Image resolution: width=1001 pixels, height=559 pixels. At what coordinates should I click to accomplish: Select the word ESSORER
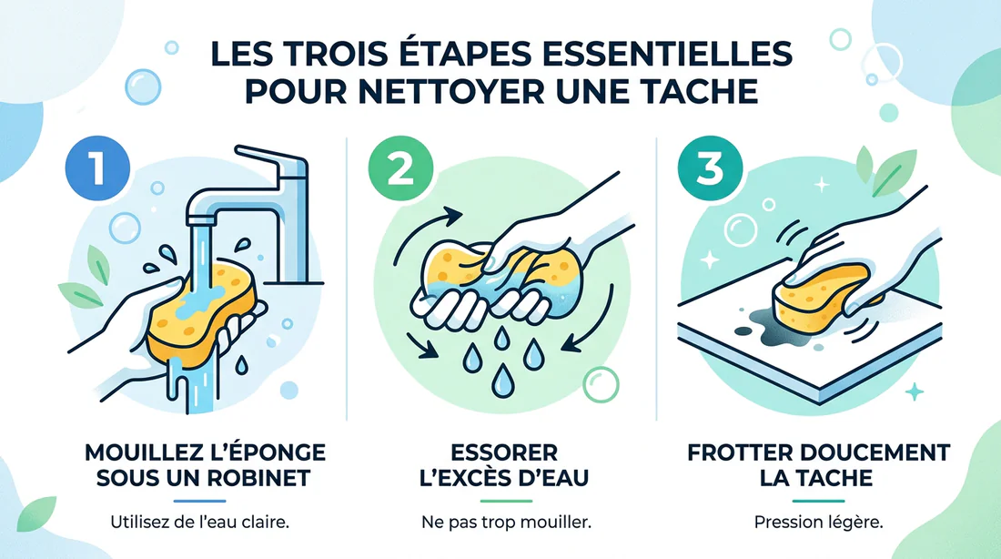click(x=500, y=452)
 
